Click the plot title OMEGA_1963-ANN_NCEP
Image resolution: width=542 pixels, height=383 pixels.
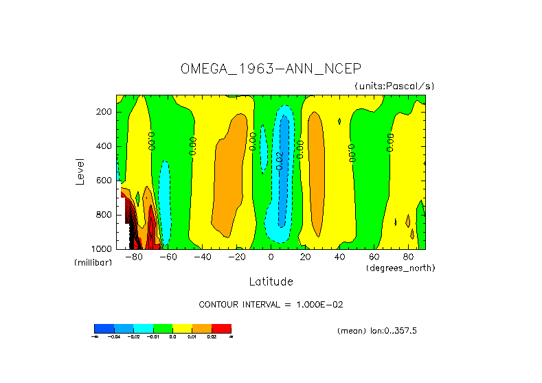click(x=270, y=69)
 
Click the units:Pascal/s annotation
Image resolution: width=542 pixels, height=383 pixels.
click(x=394, y=86)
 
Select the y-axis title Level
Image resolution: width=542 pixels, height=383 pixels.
click(x=80, y=170)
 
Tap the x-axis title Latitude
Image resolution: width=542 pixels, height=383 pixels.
click(x=271, y=281)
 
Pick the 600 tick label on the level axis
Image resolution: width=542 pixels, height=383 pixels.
click(x=104, y=181)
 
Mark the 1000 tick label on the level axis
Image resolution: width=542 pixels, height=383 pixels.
click(x=102, y=248)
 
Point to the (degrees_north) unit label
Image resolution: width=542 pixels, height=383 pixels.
click(x=400, y=267)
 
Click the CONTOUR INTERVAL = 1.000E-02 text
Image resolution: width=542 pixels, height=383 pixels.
click(x=275, y=304)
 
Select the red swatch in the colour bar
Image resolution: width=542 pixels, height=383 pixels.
click(x=221, y=328)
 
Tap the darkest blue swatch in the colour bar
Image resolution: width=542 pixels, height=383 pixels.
click(x=104, y=328)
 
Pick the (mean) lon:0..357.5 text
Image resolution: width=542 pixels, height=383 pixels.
click(x=377, y=331)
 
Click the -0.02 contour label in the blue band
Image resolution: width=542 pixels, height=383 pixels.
click(x=280, y=160)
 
